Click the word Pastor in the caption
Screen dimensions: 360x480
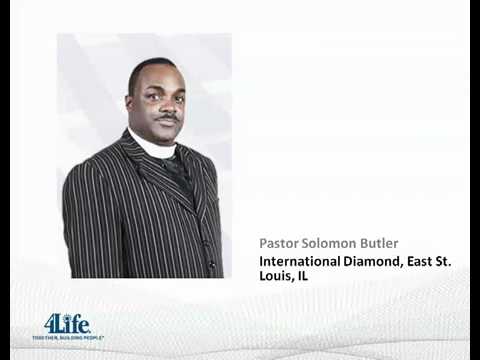(279, 243)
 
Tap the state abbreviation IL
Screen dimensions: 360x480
(301, 275)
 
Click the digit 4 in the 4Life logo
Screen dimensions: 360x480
(50, 324)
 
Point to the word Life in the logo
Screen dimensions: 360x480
(74, 324)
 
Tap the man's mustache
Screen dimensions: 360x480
(166, 117)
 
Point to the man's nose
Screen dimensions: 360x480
(166, 105)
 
